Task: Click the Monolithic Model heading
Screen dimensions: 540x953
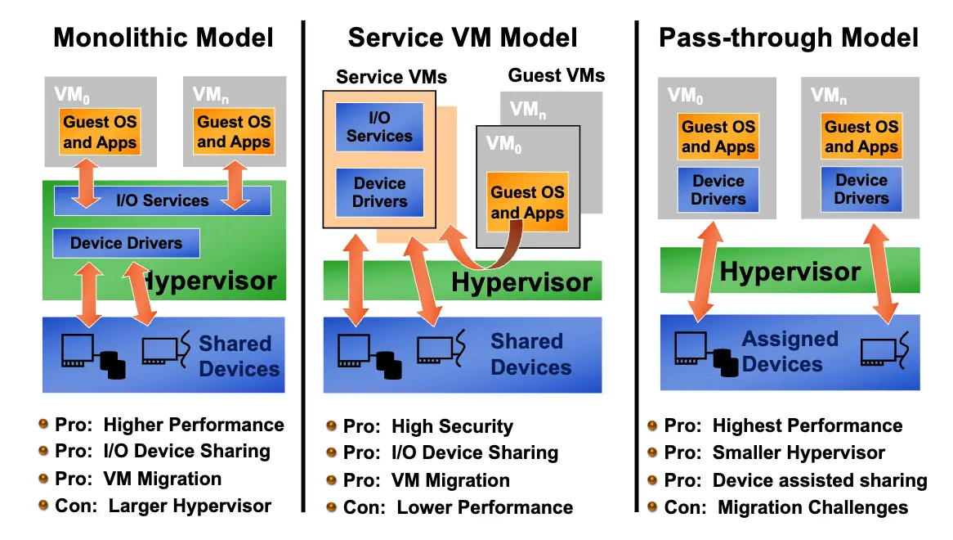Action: (163, 38)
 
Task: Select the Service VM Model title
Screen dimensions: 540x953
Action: (463, 38)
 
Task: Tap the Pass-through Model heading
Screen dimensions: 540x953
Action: (789, 38)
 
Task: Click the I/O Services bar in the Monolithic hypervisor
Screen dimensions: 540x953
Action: (162, 200)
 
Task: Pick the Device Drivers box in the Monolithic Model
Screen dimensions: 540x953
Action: (126, 243)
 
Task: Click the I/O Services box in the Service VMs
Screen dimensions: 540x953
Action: (379, 127)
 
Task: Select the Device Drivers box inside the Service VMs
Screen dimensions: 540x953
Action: (379, 193)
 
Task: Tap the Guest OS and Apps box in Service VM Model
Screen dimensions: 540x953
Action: (527, 203)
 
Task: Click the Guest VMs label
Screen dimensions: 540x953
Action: (557, 76)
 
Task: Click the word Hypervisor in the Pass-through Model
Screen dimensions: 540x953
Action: (790, 272)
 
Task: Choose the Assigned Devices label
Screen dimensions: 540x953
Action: (790, 351)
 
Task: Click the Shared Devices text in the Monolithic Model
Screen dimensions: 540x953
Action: (239, 356)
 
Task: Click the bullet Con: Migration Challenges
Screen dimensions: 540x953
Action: (785, 508)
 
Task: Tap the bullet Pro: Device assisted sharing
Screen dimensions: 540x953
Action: (795, 481)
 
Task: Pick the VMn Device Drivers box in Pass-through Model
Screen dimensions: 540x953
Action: (861, 189)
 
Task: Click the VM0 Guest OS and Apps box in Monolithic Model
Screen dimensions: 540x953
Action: (100, 132)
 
